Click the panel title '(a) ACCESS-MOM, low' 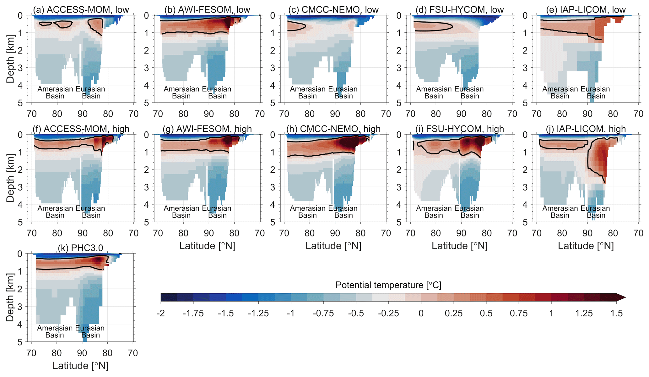tap(81, 10)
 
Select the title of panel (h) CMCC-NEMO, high tap(333, 129)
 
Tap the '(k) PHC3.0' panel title tap(80, 248)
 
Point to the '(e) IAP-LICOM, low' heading tap(586, 10)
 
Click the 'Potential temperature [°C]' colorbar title tap(388, 285)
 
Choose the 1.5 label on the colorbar tap(616, 313)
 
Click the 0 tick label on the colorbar tap(421, 313)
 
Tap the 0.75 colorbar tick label tap(519, 313)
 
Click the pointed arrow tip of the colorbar tap(625, 297)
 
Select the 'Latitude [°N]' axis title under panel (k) tap(80, 366)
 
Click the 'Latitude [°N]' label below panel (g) tap(207, 246)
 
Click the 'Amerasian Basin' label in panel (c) tap(307, 92)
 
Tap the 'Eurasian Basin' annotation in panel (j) tap(595, 212)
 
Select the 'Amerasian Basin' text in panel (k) tap(55, 331)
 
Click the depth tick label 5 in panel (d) tap(399, 103)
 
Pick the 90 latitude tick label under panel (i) tap(461, 233)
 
